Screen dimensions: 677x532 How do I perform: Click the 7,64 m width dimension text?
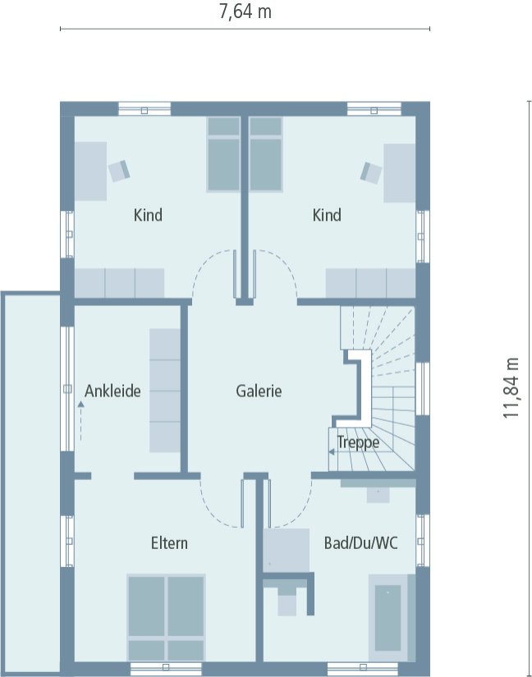coord(245,11)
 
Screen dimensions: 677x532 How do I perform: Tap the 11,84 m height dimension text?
coord(512,388)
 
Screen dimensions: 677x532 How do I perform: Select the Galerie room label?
coord(259,391)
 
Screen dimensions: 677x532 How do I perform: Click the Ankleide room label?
coord(112,391)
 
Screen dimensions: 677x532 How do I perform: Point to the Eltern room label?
coord(169,543)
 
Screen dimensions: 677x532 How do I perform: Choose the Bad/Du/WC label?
coord(361,543)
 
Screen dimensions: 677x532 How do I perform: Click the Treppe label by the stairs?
coord(359,443)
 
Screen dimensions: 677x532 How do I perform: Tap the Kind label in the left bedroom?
coord(148,216)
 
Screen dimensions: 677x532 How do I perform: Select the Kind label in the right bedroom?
coord(327,216)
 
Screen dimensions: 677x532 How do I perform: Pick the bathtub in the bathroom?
coord(388,617)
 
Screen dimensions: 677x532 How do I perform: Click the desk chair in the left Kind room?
coord(120,170)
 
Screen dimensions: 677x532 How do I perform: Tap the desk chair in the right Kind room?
coord(370,172)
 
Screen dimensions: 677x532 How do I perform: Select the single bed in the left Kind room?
coord(222,154)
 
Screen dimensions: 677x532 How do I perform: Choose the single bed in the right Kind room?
coord(265,154)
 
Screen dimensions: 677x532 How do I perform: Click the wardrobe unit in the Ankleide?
coord(164,390)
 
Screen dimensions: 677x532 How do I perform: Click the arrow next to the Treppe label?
coord(332,451)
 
